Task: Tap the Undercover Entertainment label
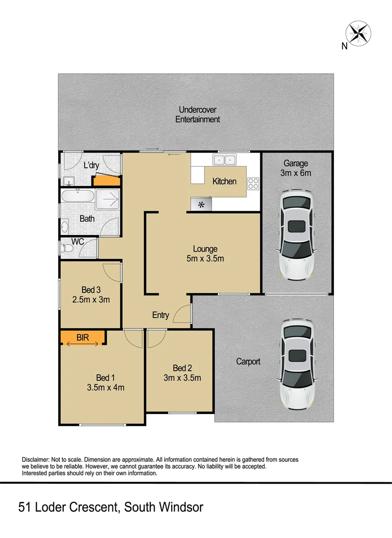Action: [x=197, y=115]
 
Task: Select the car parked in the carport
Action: [x=297, y=364]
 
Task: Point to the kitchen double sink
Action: [x=225, y=160]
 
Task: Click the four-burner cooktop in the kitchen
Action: [x=253, y=183]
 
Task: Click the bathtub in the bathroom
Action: [x=77, y=196]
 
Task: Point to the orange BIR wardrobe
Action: [x=83, y=338]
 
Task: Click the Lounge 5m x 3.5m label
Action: [x=205, y=254]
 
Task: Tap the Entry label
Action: [x=161, y=315]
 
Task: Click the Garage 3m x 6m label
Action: [x=296, y=168]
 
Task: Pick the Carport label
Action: [x=248, y=362]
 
